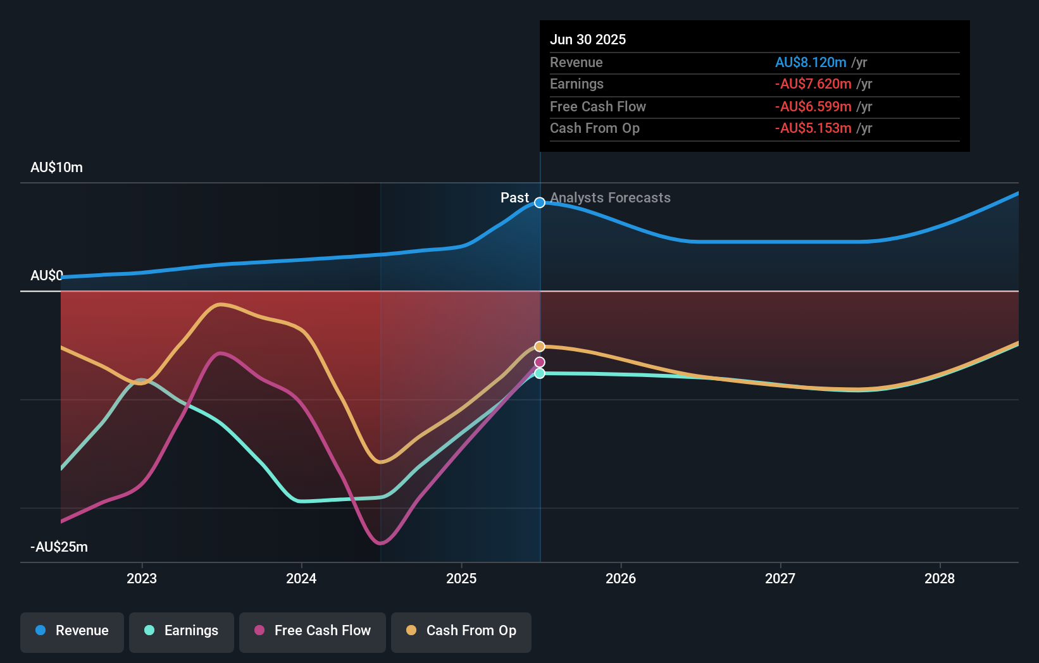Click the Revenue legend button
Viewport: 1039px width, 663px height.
click(72, 631)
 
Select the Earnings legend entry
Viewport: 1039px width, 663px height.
click(182, 631)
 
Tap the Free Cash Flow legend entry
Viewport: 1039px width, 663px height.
click(313, 631)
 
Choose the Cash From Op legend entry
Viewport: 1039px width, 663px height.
click(461, 631)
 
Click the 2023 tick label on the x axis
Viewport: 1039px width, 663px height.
click(142, 578)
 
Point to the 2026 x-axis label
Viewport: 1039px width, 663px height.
click(621, 578)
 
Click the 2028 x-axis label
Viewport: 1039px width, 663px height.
click(940, 578)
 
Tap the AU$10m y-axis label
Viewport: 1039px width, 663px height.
click(56, 168)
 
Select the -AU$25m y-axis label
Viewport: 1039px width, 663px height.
click(59, 547)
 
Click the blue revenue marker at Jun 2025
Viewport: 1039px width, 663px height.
click(540, 202)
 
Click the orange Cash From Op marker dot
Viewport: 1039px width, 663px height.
click(540, 346)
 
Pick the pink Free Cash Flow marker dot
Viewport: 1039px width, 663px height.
click(540, 362)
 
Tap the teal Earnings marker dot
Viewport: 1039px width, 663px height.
click(540, 374)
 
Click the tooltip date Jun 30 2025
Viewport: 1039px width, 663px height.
click(588, 39)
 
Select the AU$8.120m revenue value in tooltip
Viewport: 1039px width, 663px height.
click(811, 62)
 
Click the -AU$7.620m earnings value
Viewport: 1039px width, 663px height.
click(813, 84)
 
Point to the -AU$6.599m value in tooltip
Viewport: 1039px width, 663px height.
click(813, 106)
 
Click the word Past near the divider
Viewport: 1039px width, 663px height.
click(514, 198)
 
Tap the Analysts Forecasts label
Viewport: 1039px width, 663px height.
click(610, 198)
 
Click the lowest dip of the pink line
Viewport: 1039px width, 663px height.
click(380, 543)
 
